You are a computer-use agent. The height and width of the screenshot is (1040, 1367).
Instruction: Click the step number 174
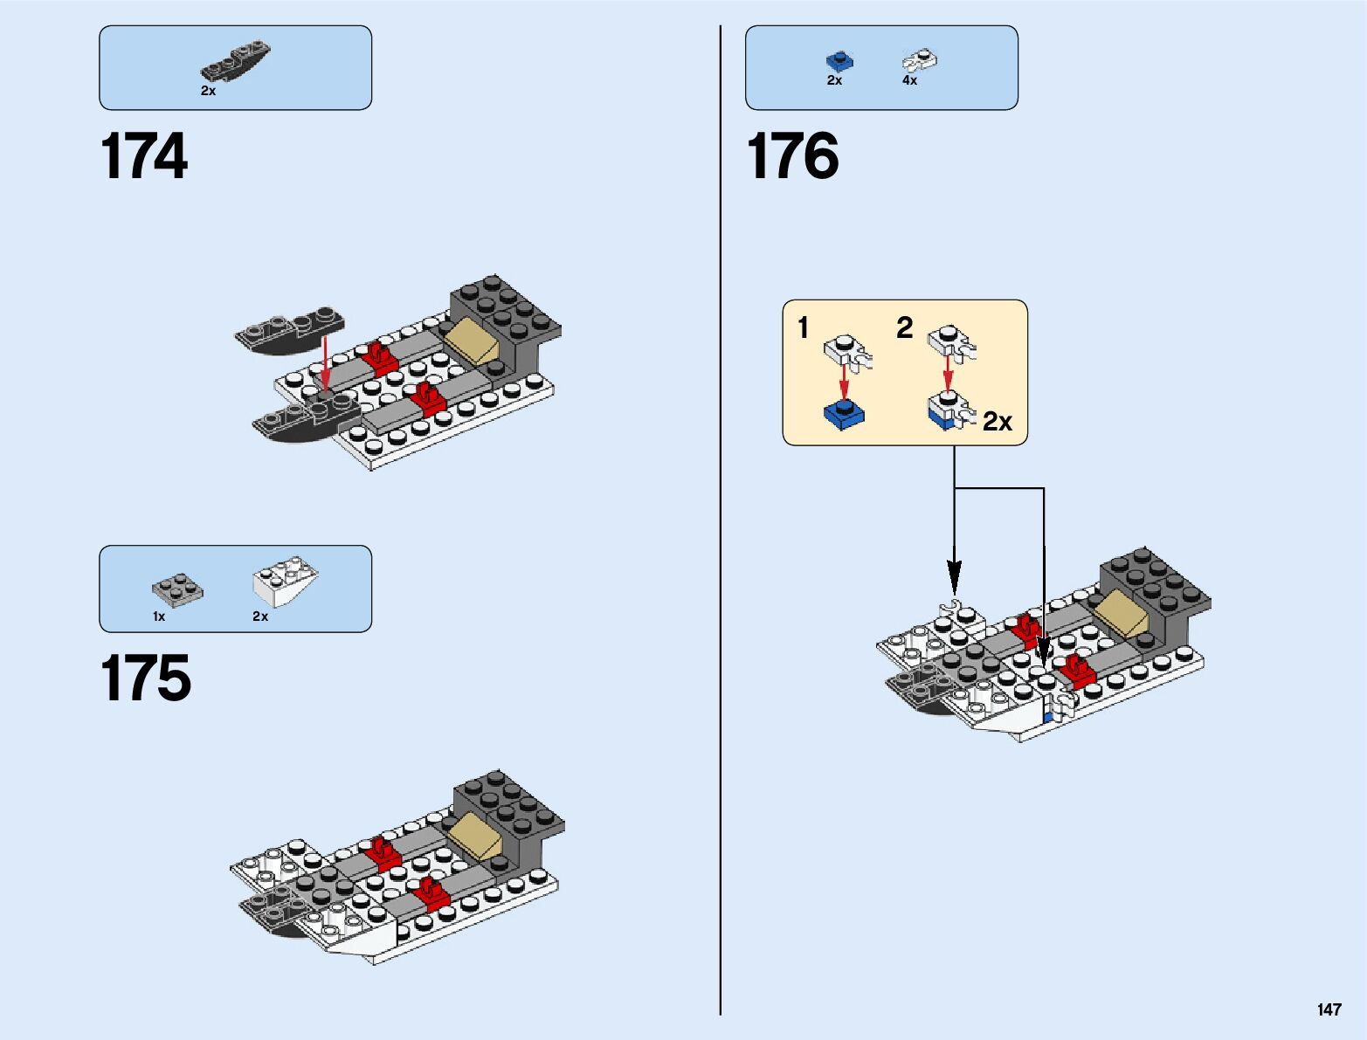[144, 157]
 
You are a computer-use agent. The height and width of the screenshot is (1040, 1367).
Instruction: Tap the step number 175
[146, 678]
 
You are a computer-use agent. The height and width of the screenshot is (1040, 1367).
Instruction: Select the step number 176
[792, 157]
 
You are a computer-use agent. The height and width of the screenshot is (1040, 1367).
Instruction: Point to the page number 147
[1329, 1009]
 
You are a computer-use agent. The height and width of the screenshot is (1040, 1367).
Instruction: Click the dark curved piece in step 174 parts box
[235, 61]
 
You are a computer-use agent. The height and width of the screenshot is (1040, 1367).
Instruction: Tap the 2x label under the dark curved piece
[208, 91]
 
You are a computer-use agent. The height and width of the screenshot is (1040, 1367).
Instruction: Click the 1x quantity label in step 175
[159, 616]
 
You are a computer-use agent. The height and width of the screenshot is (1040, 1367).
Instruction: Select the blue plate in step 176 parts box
[839, 61]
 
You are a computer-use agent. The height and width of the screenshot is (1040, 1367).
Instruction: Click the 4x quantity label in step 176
[909, 80]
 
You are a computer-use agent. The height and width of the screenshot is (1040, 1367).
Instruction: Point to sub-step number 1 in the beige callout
[803, 328]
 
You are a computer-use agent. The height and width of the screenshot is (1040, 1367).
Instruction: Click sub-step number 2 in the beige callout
[904, 328]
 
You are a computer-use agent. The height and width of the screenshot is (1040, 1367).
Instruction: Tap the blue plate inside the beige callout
[843, 413]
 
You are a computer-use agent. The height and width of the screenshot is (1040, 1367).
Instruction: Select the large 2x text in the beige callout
[997, 422]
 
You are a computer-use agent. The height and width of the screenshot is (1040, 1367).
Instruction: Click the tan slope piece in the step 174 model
[471, 341]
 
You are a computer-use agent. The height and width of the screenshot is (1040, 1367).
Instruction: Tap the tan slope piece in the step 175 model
[475, 836]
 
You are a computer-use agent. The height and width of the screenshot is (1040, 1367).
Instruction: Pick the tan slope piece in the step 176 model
[1121, 612]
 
